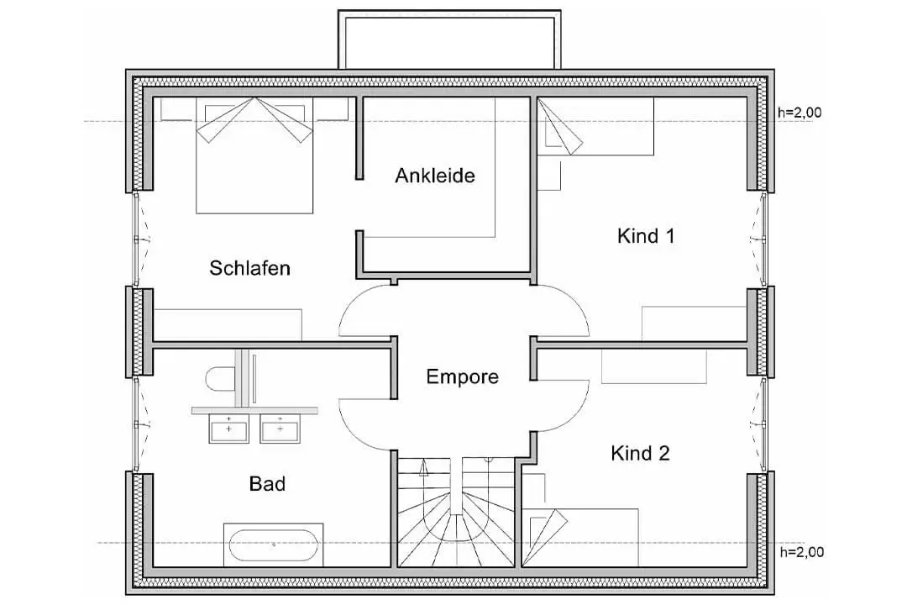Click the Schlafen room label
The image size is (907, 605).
click(x=249, y=268)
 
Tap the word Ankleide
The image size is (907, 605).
click(x=435, y=176)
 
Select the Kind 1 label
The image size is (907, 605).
click(x=646, y=235)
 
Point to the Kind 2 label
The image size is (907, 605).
click(x=640, y=453)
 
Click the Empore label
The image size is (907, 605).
click(x=462, y=376)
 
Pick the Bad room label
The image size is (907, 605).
click(x=267, y=483)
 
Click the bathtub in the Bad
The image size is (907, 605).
click(x=274, y=544)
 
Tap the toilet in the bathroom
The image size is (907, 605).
click(x=220, y=379)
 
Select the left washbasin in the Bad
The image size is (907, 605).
click(x=229, y=429)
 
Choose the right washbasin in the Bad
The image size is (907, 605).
click(x=280, y=429)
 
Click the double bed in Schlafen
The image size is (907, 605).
click(x=254, y=155)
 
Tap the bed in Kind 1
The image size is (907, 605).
click(x=595, y=126)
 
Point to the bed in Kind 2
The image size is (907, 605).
click(x=580, y=537)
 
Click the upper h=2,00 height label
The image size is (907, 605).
click(x=800, y=113)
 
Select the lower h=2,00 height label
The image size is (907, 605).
click(x=802, y=552)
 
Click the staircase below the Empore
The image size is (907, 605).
click(x=456, y=512)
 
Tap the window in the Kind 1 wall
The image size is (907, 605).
click(x=763, y=239)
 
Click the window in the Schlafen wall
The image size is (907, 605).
click(x=138, y=239)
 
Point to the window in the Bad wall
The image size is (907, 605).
click(x=138, y=425)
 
